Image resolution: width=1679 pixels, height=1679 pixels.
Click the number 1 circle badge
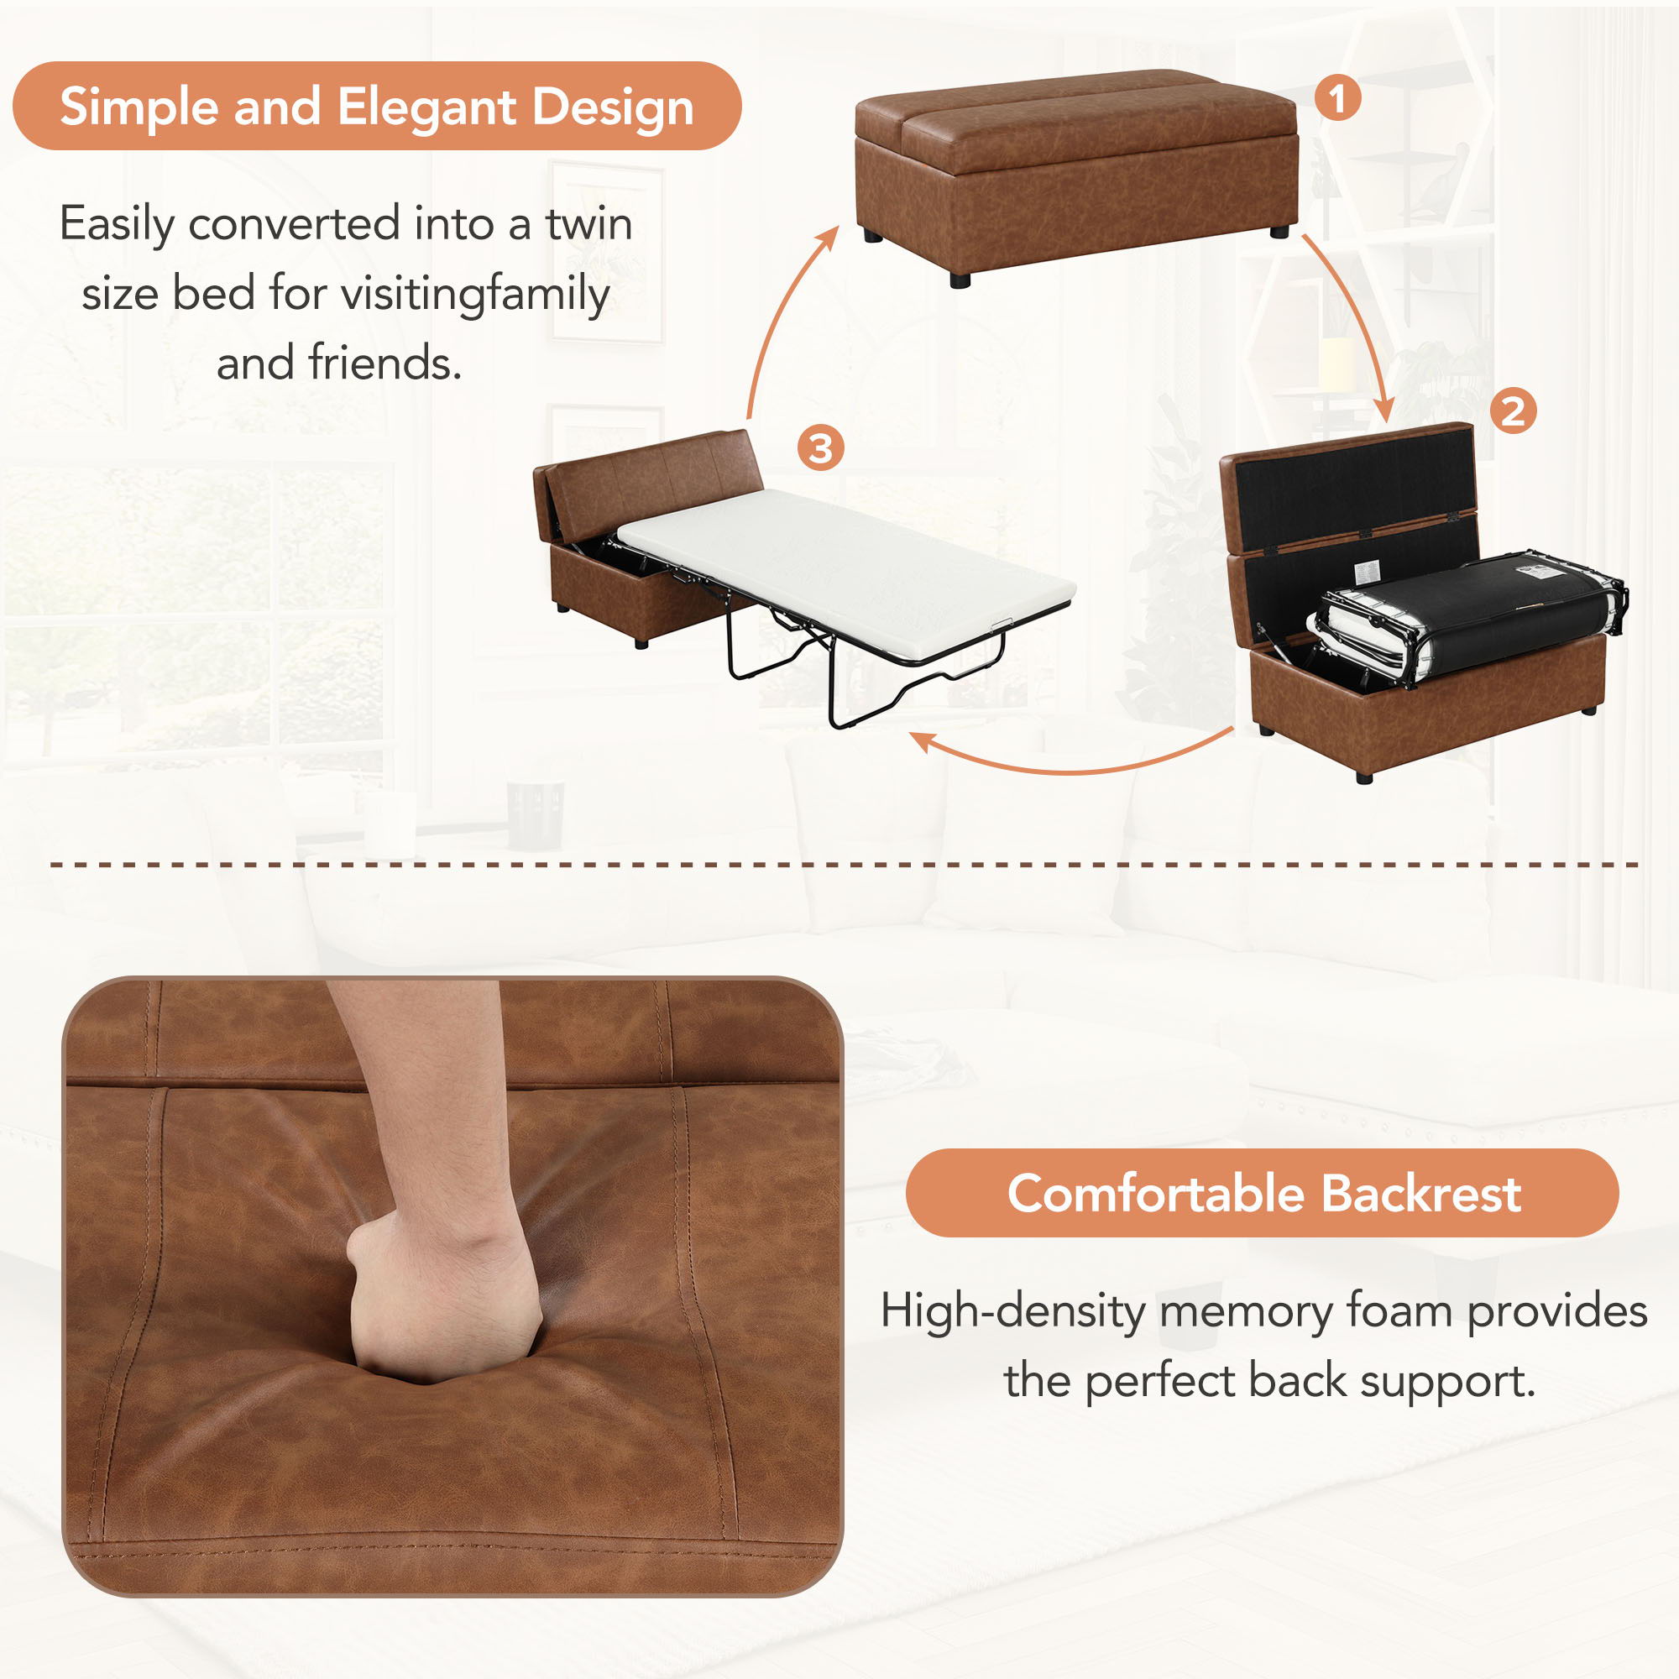click(1336, 98)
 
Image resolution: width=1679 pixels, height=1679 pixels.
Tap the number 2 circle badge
click(1513, 411)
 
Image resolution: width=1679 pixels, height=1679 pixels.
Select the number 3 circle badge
click(820, 448)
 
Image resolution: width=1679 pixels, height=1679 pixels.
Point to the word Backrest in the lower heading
click(1421, 1193)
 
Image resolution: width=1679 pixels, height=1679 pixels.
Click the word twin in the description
click(588, 224)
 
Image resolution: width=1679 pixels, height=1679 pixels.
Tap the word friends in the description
click(384, 364)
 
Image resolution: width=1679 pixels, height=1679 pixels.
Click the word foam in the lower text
click(1399, 1310)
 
